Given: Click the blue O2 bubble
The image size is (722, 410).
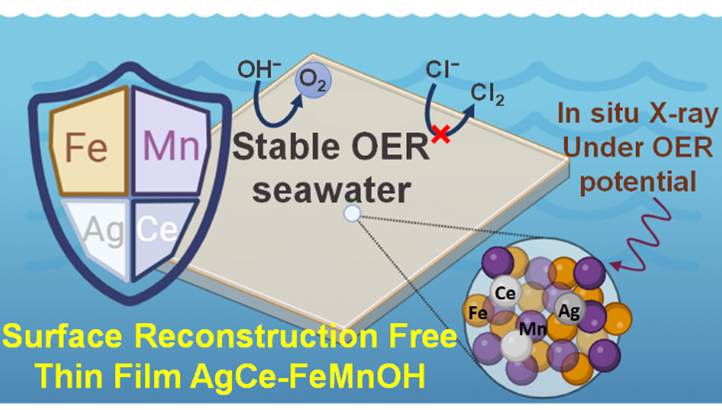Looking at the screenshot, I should pos(313,80).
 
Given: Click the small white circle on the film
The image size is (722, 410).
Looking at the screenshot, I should pos(352,214).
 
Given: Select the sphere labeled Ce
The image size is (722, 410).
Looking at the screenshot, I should pos(505,292).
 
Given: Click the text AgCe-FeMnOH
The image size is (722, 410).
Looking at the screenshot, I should pos(308,375).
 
